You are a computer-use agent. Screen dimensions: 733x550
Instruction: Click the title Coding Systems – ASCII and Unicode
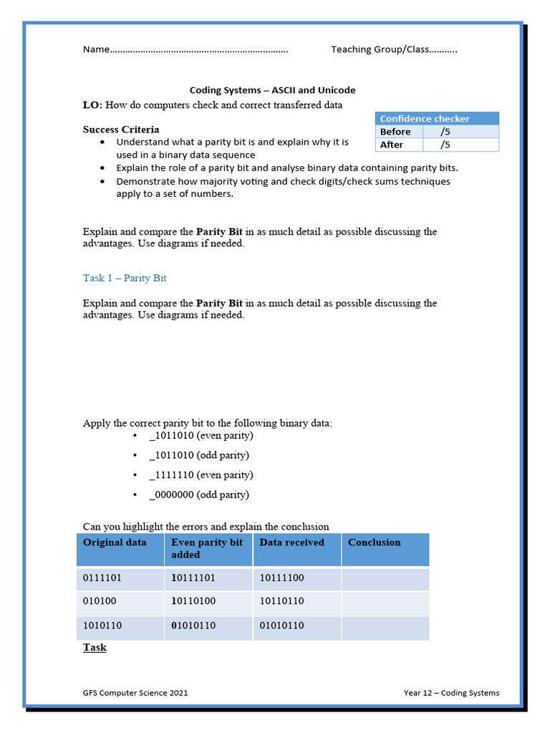[x=272, y=90]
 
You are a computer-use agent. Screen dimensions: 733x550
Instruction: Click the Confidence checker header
[x=424, y=119]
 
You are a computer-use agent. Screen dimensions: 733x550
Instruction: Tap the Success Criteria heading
[x=121, y=130]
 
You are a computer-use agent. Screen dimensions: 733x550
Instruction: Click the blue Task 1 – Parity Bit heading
[x=125, y=278]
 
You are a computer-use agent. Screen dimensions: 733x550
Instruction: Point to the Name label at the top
[x=96, y=49]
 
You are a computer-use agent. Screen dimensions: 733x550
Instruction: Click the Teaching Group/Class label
[x=380, y=49]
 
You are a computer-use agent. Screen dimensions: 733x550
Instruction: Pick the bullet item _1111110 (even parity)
[x=201, y=475]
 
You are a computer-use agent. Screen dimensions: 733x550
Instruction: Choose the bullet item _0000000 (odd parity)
[x=199, y=495]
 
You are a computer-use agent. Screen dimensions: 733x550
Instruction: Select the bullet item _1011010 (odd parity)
[x=199, y=455]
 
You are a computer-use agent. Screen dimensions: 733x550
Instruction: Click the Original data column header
[x=115, y=543]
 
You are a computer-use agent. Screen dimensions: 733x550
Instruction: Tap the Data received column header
[x=291, y=543]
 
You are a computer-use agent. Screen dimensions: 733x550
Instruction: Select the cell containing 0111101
[x=102, y=578]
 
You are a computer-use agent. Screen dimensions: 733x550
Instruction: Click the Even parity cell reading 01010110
[x=193, y=626]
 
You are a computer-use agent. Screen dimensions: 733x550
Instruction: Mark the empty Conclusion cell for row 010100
[x=385, y=602]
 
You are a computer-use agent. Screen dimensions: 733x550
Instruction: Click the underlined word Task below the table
[x=95, y=647]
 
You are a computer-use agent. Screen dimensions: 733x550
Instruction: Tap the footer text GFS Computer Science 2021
[x=136, y=693]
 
